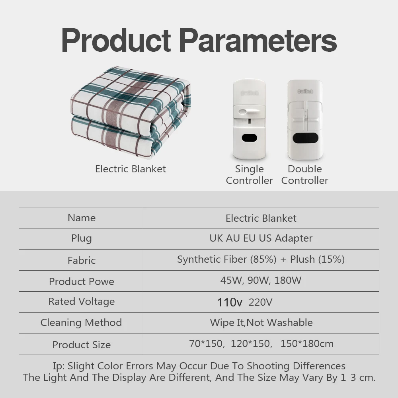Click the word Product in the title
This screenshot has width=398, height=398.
(116, 40)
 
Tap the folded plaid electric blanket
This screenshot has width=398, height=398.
(131, 112)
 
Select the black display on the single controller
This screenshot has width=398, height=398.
(249, 138)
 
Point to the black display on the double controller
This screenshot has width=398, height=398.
(305, 138)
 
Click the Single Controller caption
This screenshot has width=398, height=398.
(249, 175)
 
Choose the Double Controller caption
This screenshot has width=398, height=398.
(304, 175)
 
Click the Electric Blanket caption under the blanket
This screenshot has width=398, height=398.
(131, 169)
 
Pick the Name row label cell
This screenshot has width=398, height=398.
(81, 218)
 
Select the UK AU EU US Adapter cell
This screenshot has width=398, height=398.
(261, 238)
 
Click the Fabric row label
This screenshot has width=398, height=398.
(82, 260)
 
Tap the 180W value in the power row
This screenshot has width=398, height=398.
(288, 281)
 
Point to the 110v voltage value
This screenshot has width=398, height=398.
(230, 302)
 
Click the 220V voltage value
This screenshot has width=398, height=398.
(260, 302)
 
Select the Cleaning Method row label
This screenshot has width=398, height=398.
(81, 322)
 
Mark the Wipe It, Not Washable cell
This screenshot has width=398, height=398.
(261, 323)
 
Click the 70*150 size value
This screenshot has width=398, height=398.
(206, 344)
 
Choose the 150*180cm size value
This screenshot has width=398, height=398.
(307, 344)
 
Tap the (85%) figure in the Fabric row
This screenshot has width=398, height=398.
(263, 259)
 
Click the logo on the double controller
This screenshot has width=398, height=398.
(305, 92)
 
